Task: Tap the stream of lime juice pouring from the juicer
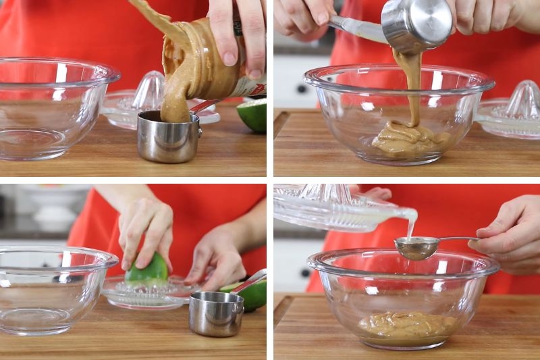pos(410,223)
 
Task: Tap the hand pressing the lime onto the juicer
pos(145,230)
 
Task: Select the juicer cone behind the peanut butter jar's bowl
pos(150,91)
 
